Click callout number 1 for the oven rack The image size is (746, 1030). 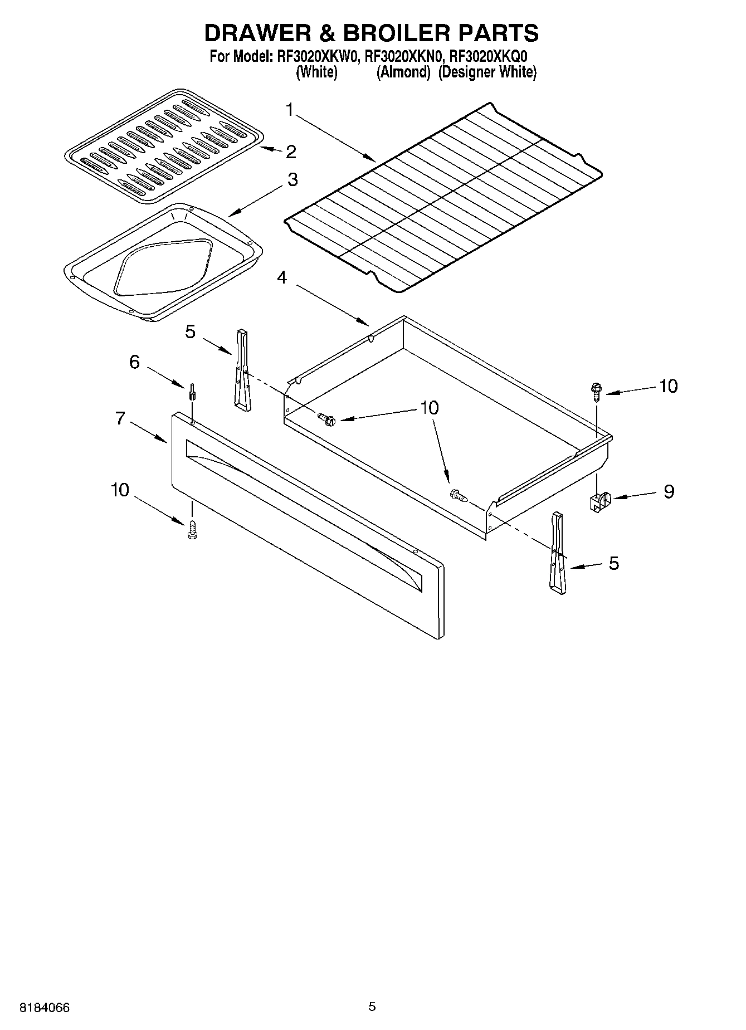point(289,110)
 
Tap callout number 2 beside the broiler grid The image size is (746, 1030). point(290,152)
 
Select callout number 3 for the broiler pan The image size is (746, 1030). point(292,180)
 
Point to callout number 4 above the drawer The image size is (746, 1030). point(282,277)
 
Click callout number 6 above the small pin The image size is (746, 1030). point(134,362)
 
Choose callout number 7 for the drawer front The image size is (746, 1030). point(120,418)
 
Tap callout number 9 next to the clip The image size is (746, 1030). point(669,491)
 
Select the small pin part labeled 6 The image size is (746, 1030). point(192,392)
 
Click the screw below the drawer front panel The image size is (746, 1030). point(193,530)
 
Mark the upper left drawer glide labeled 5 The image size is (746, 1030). point(243,370)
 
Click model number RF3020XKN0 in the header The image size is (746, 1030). point(405,56)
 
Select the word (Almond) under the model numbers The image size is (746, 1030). point(404,72)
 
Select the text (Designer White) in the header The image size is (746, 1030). point(487,72)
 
